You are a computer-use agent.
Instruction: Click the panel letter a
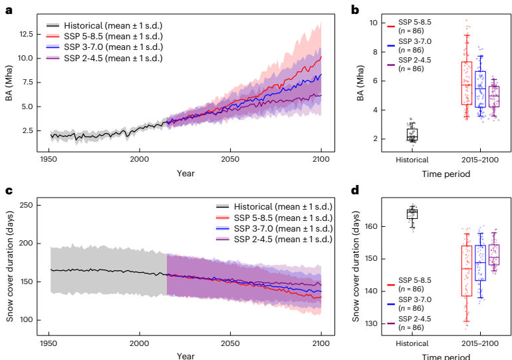pyautogui.click(x=9, y=10)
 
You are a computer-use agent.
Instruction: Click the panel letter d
pyautogui.click(x=355, y=190)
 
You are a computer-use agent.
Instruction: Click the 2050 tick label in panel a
pyautogui.click(x=230, y=160)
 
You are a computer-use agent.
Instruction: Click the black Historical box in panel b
pyautogui.click(x=412, y=134)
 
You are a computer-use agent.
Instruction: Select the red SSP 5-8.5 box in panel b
pyautogui.click(x=467, y=83)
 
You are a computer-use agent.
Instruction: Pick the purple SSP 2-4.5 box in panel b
pyautogui.click(x=494, y=96)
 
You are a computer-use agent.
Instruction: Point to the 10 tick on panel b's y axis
pyautogui.click(x=374, y=23)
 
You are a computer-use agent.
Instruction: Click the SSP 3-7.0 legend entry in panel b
pyautogui.click(x=416, y=45)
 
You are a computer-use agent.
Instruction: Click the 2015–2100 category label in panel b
pyautogui.click(x=480, y=160)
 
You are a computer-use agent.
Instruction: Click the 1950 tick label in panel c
pyautogui.click(x=48, y=343)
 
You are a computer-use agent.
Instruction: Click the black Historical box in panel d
pyautogui.click(x=412, y=213)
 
